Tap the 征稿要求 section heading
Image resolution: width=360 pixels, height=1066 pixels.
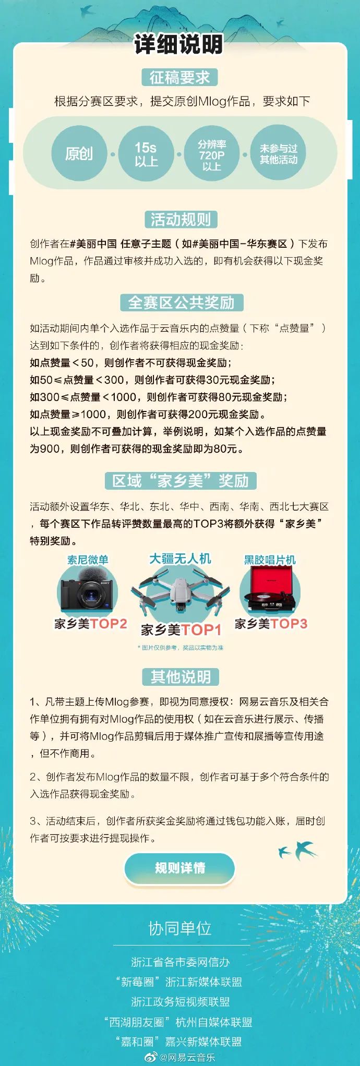click(x=179, y=78)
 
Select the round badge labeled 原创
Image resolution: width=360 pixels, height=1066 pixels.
click(x=79, y=153)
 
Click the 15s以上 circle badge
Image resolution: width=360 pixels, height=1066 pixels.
click(x=146, y=153)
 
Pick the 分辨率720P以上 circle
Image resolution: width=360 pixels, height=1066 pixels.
click(x=212, y=153)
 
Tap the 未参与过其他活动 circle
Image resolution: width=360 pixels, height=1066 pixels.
click(x=279, y=153)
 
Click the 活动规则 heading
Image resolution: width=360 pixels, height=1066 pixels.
click(x=181, y=220)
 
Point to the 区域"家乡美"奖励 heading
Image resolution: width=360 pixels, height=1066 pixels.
click(x=181, y=480)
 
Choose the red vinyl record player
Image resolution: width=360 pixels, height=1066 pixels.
click(x=270, y=589)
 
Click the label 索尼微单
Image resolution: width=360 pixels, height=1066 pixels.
click(x=88, y=560)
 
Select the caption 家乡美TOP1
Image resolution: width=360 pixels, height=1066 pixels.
click(x=181, y=630)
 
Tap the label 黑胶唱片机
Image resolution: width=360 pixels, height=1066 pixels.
click(x=270, y=560)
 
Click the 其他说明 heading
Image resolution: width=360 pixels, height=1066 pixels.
click(x=181, y=677)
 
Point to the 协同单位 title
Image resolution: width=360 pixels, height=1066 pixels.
click(x=180, y=928)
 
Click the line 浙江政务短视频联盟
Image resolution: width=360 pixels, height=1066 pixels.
click(x=181, y=1002)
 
